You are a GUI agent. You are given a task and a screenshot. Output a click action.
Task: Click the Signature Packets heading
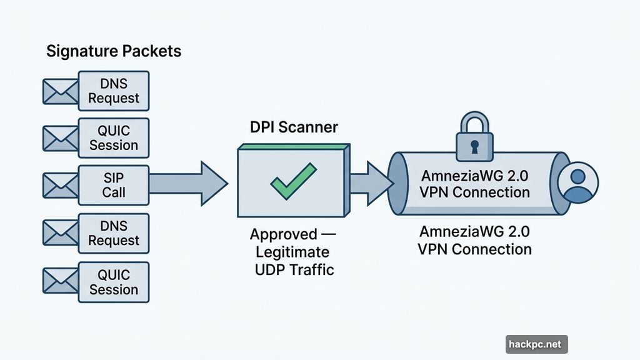click(114, 51)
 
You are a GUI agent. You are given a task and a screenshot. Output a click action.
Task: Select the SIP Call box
click(113, 185)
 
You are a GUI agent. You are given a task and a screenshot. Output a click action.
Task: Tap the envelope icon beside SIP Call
click(59, 185)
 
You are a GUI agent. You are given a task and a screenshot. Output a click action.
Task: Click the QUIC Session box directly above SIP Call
click(113, 137)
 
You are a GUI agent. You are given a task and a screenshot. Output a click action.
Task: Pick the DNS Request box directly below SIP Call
click(113, 233)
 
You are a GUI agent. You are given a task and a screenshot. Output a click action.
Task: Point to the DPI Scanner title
click(294, 127)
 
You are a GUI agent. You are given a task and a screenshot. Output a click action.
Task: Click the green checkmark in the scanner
click(292, 180)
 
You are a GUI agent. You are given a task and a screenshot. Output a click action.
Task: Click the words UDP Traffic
click(294, 270)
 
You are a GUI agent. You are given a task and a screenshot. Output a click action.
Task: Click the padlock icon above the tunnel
click(474, 139)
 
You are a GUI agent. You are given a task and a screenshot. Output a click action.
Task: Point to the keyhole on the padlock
click(474, 147)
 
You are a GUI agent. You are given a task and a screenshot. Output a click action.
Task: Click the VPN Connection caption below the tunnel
click(474, 249)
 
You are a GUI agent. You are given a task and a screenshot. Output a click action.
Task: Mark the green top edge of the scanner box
click(292, 147)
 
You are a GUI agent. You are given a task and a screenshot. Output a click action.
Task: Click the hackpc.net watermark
click(536, 344)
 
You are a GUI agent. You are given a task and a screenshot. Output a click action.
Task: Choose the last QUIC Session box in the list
click(113, 282)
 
